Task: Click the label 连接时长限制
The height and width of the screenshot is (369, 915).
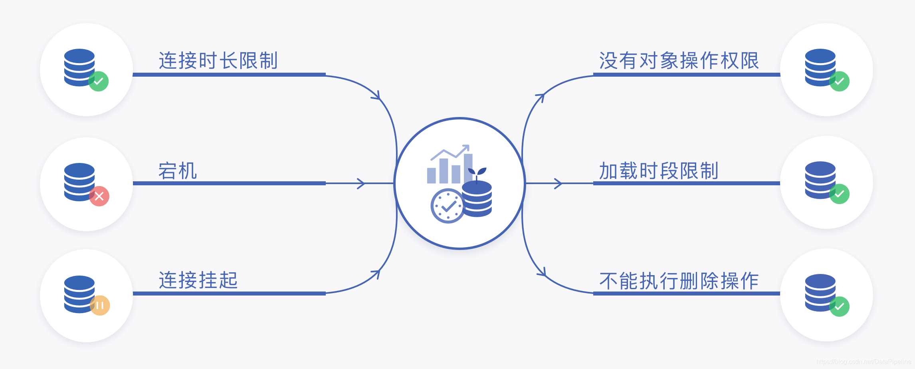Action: tap(218, 61)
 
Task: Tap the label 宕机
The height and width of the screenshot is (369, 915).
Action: tap(178, 171)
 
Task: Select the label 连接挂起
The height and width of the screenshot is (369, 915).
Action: tap(198, 280)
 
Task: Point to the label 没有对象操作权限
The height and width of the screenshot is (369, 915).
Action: tap(679, 61)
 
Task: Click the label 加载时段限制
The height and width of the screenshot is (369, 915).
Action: tap(659, 171)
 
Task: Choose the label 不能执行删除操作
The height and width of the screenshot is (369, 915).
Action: tap(679, 281)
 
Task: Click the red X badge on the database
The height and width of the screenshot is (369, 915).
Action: tap(99, 196)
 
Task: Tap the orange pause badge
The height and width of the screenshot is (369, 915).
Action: tap(100, 306)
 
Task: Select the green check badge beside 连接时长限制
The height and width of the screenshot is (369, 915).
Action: tap(99, 81)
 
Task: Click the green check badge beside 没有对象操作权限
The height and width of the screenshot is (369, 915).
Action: tap(839, 81)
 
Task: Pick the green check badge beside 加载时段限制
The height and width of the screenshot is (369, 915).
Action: tap(839, 194)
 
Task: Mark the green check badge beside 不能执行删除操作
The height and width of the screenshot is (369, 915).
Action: tap(839, 307)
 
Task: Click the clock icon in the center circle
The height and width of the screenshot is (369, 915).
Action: tap(448, 206)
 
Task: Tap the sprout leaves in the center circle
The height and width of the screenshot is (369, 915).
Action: tap(477, 172)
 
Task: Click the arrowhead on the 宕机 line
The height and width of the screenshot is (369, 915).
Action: tap(361, 183)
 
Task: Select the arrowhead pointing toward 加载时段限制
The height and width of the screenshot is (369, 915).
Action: tap(558, 183)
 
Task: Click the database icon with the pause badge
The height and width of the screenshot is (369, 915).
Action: tap(79, 294)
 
